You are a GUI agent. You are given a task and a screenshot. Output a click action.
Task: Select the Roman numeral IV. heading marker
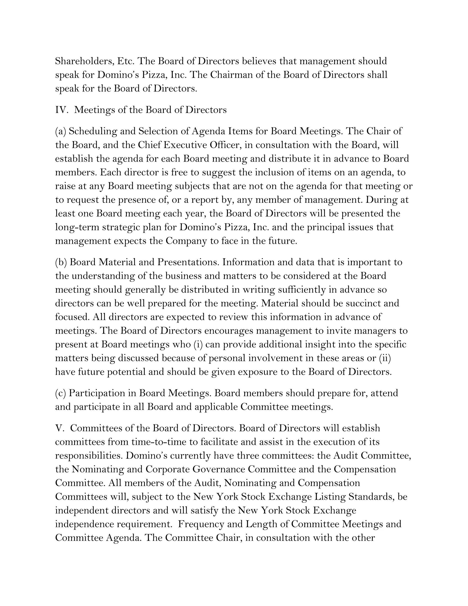61,110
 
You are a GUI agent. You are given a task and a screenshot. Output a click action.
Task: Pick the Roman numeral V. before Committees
59,428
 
